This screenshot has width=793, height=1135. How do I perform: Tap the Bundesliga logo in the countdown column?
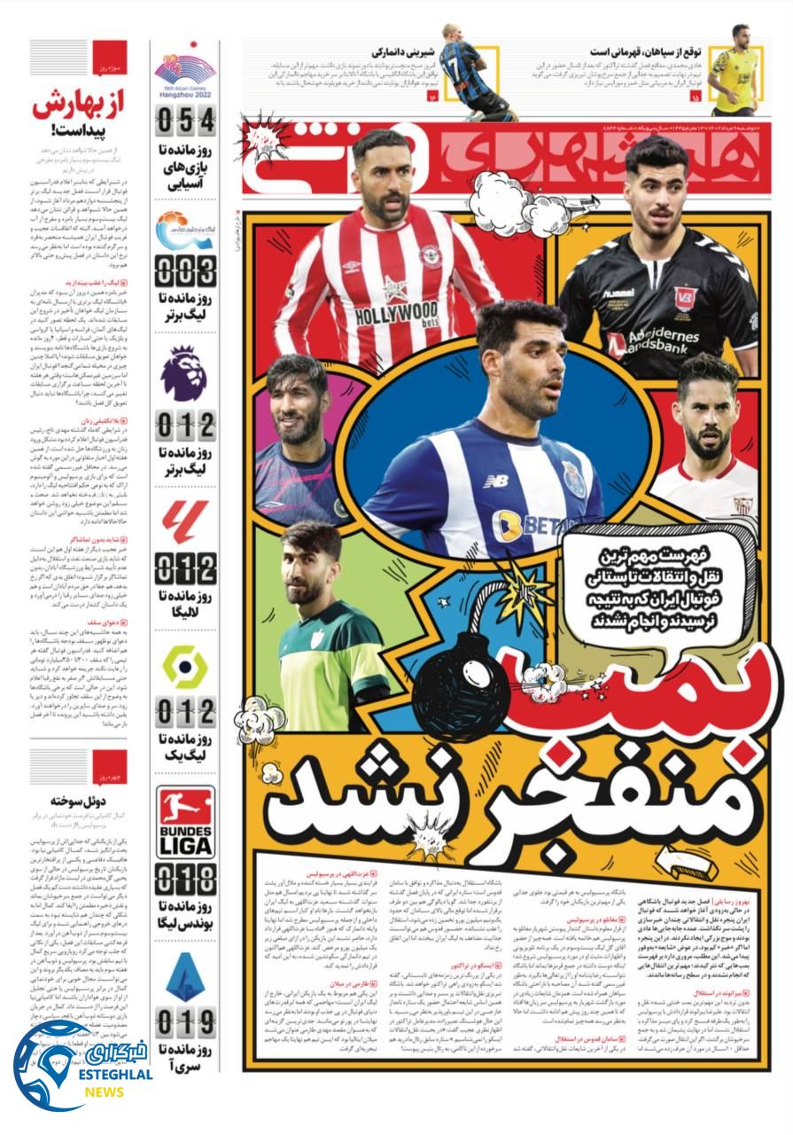tap(186, 822)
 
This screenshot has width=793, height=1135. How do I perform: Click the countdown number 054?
tap(185, 121)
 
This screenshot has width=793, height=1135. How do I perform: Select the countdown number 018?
tap(185, 880)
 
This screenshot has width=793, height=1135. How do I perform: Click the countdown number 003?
tap(185, 270)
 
